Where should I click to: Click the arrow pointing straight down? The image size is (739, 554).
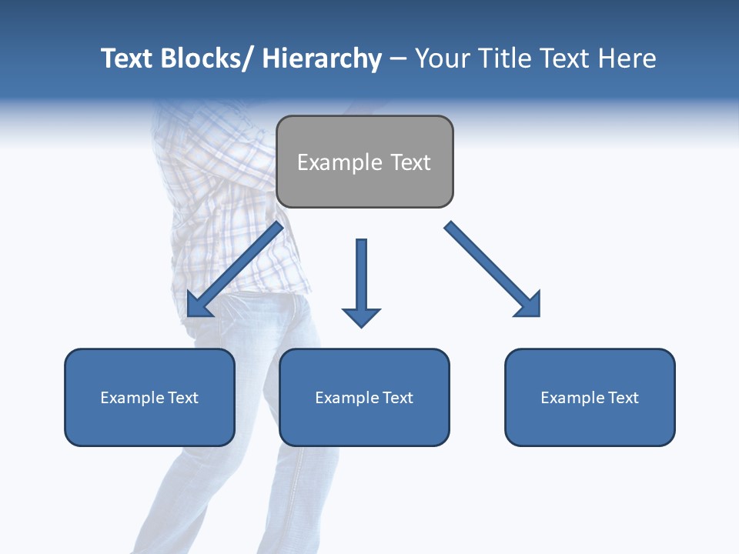pyautogui.click(x=361, y=281)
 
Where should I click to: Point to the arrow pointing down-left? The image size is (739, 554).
pyautogui.click(x=235, y=269)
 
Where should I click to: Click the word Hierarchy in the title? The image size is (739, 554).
pyautogui.click(x=322, y=58)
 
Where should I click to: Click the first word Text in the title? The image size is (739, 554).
pyautogui.click(x=127, y=58)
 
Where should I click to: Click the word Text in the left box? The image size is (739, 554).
pyautogui.click(x=183, y=398)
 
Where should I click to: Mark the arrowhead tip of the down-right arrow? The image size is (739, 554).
pyautogui.click(x=538, y=315)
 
